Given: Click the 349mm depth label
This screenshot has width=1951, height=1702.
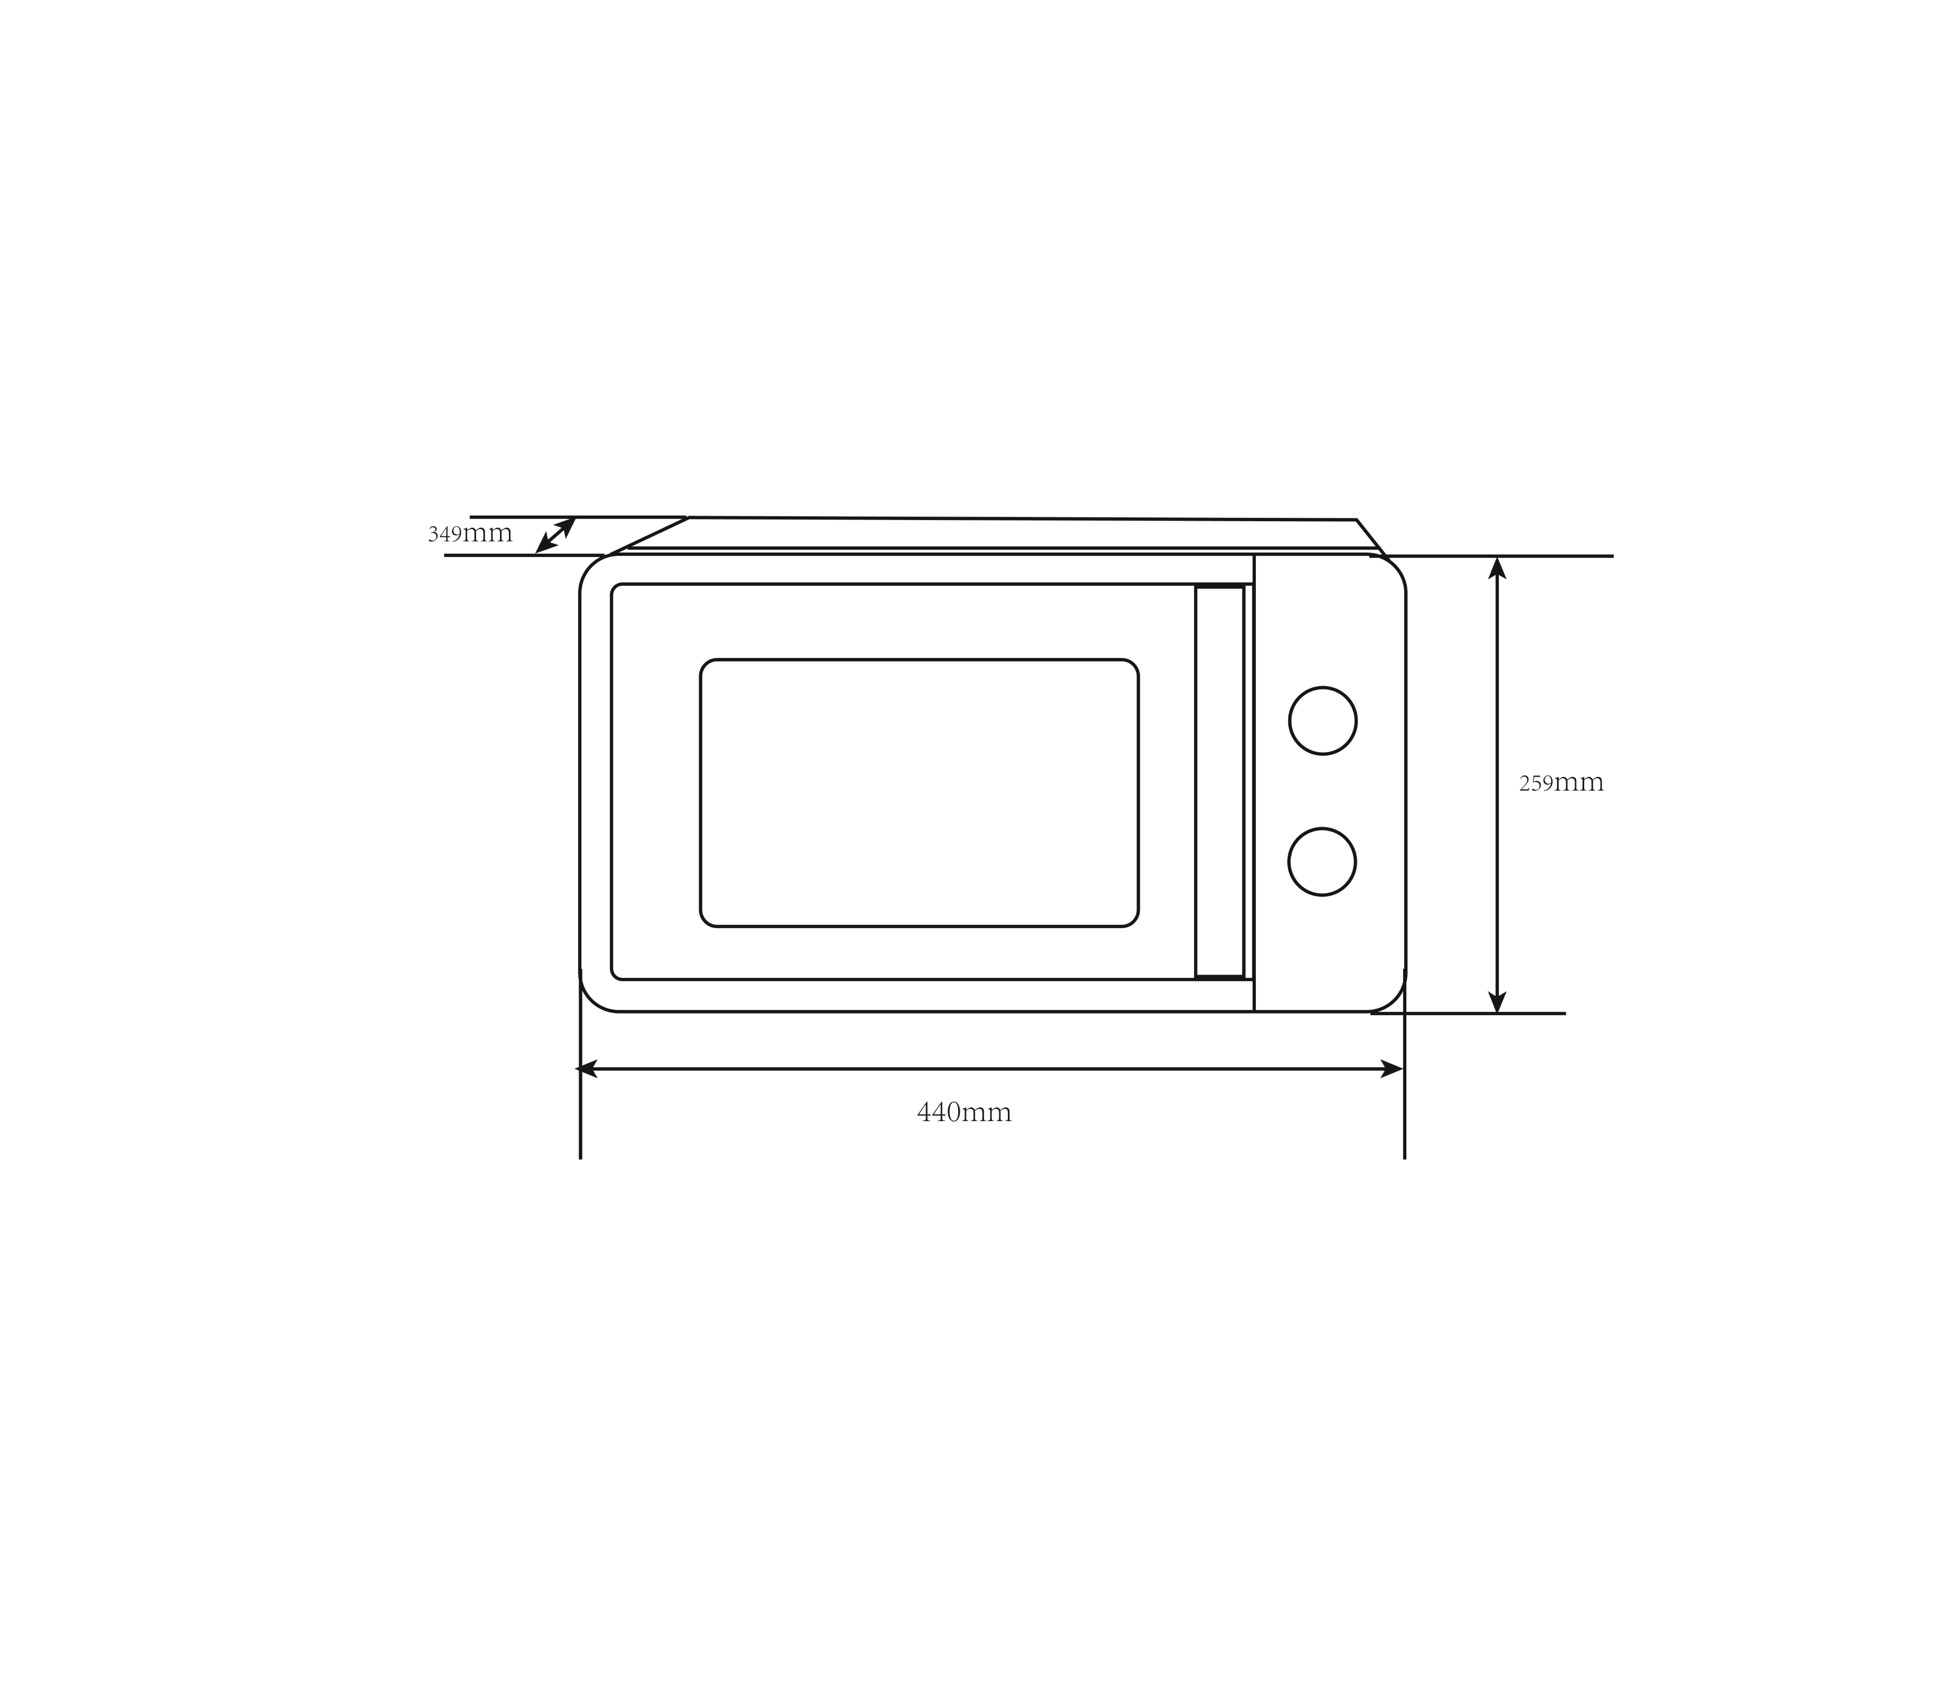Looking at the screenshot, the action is point(470,534).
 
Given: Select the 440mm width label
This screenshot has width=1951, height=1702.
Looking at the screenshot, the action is point(964,1113).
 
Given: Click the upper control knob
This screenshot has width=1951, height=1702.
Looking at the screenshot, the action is point(1322,721).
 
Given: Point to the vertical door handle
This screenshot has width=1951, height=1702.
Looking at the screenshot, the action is point(1220,782).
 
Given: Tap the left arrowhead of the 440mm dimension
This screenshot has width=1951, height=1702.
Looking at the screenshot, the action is point(586,1069).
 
